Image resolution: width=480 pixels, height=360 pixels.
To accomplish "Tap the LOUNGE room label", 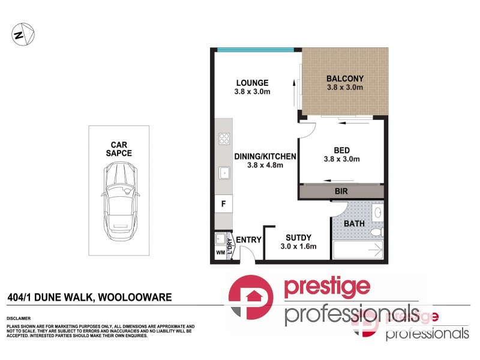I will (252, 83).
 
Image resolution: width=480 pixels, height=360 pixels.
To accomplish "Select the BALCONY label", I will (345, 79).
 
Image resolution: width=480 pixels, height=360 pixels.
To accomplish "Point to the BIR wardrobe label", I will (341, 191).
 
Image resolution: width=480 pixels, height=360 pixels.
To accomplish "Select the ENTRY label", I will (248, 240).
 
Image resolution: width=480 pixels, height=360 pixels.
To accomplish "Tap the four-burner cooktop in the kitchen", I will (224, 139).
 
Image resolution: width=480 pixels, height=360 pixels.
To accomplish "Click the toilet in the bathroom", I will (375, 232).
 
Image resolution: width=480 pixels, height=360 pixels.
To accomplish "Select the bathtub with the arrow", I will (358, 251).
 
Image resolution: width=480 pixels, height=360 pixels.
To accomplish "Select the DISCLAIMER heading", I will (19, 319).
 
